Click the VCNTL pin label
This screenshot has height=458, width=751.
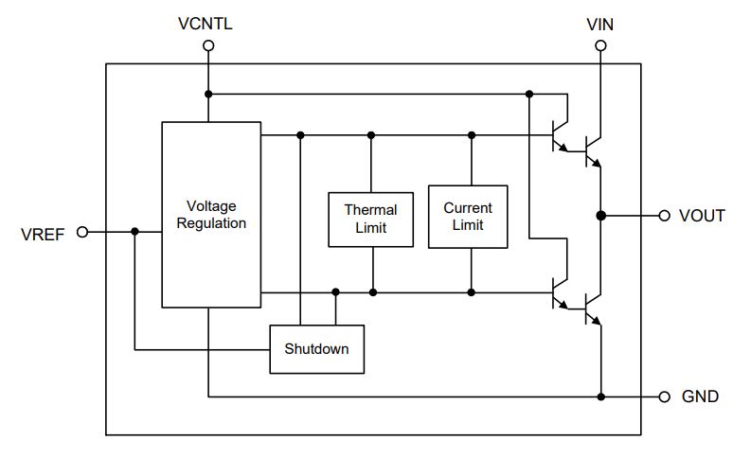pos(205,23)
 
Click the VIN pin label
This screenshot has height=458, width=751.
pos(600,25)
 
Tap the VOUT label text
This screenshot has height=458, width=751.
pos(702,216)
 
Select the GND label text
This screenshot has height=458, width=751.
pos(700,396)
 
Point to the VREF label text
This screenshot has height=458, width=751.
pos(43,233)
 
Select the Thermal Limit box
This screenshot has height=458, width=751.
pos(370,219)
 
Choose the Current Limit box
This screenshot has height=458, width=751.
pos(468,216)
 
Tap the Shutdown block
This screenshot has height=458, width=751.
pos(316,348)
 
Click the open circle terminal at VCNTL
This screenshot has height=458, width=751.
pos(208,45)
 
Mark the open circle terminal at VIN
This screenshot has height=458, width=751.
pos(600,45)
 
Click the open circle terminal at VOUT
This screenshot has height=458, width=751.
pos(664,216)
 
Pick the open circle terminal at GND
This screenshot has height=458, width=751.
pos(664,396)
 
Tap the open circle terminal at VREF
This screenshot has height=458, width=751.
pos(81,232)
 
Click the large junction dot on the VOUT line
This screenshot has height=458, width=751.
pos(600,216)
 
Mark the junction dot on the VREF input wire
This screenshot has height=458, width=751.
pos(134,232)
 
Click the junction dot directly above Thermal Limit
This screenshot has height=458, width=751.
pos(371,135)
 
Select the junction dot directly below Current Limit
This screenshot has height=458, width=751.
pos(469,292)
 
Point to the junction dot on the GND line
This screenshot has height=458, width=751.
pos(600,396)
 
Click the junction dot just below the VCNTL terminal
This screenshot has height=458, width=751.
pos(208,94)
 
